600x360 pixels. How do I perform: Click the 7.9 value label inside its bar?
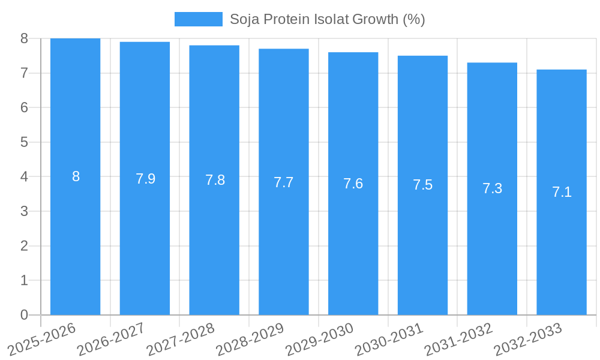(x=145, y=179)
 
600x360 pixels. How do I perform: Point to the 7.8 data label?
(x=215, y=180)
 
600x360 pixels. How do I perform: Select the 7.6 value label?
(x=353, y=184)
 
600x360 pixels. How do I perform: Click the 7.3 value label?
(x=492, y=188)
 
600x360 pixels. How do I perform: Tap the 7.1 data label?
(x=562, y=192)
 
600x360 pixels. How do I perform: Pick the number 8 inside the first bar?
(x=76, y=176)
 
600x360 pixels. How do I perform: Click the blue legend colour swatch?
(x=198, y=19)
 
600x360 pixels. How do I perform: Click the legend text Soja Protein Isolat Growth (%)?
(x=327, y=19)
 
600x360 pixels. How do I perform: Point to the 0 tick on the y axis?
(x=24, y=315)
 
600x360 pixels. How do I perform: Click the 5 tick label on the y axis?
(x=24, y=142)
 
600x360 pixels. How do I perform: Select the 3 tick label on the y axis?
(x=24, y=211)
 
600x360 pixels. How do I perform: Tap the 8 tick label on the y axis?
(x=24, y=38)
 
